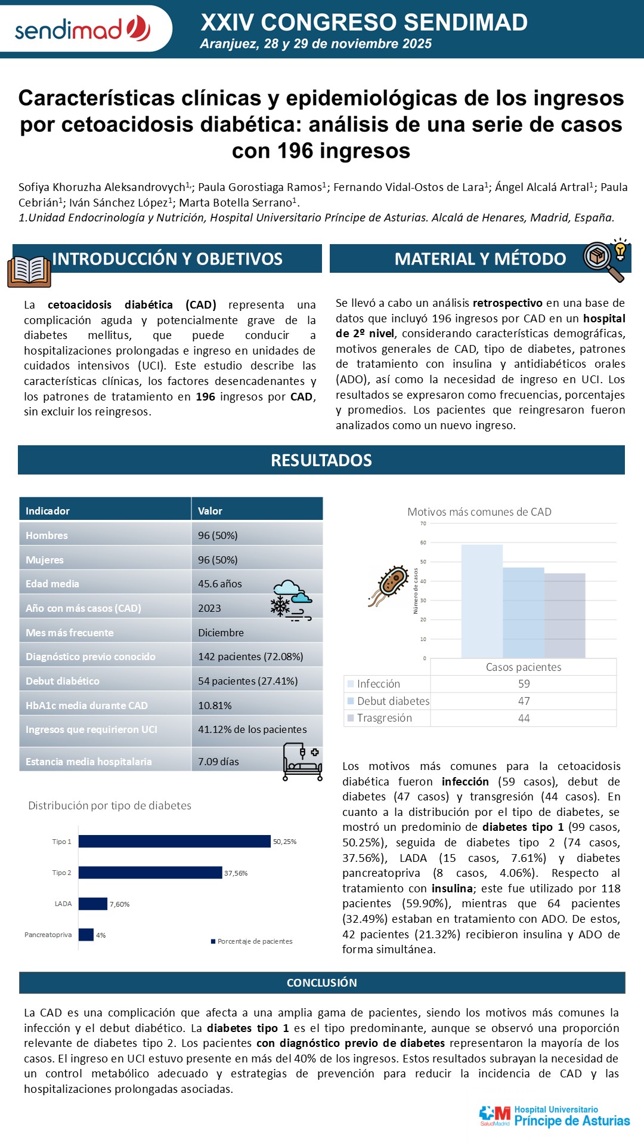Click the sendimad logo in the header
82,29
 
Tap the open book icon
29,272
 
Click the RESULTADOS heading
321,460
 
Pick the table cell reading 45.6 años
220,584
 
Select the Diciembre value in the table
221,633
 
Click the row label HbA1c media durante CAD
86,706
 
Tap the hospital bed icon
302,762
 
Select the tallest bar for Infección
482,601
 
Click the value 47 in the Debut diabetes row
524,701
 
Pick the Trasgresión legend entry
384,718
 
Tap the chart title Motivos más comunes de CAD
479,512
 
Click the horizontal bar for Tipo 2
150,873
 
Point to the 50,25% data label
284,842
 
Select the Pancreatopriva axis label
48,935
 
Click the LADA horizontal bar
93,904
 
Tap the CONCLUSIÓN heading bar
322,983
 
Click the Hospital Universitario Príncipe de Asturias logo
555,1116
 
